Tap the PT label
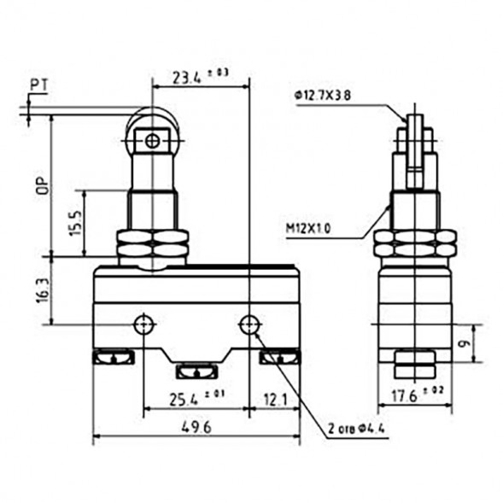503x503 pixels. coord(38,85)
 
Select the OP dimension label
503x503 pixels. coord(40,185)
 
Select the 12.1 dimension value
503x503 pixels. coord(273,399)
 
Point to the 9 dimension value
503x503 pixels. coord(464,343)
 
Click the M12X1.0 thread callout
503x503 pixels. coord(308,228)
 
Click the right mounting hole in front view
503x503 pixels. coord(249,324)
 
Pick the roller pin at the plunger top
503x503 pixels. coord(152,140)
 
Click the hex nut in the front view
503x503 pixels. coord(152,246)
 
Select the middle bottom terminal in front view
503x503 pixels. coord(197,371)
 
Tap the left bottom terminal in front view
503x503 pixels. coord(112,358)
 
